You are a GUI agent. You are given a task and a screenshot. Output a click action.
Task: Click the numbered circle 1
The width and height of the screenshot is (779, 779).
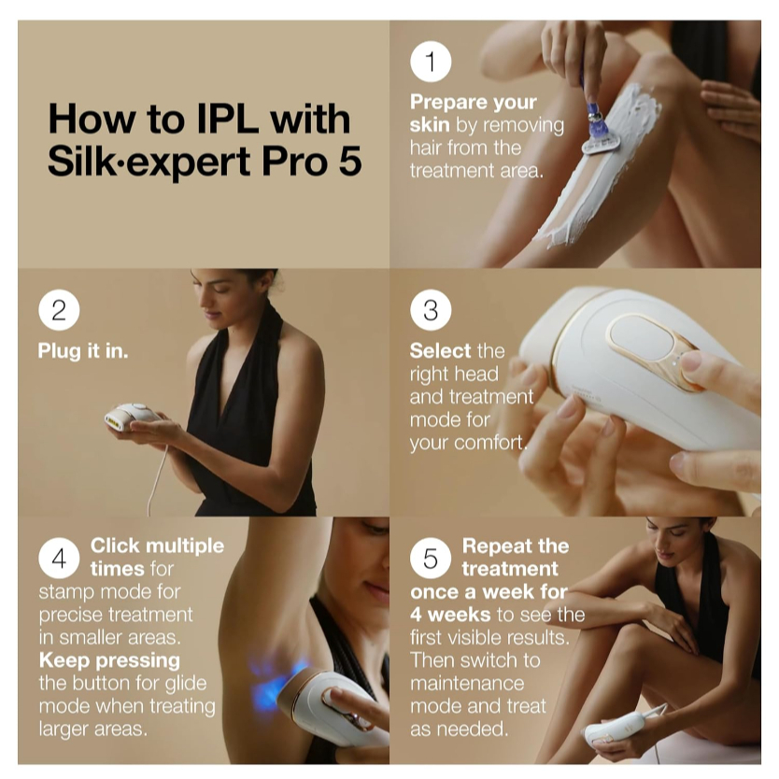(x=431, y=62)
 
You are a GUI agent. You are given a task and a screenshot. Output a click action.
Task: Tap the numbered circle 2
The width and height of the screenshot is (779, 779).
(x=59, y=310)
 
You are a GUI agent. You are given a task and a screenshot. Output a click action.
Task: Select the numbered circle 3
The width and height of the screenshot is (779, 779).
(x=431, y=310)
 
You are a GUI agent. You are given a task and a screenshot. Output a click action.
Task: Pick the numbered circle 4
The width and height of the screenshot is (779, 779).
(x=59, y=558)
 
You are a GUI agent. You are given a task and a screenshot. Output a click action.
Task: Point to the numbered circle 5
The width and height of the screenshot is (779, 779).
(x=431, y=558)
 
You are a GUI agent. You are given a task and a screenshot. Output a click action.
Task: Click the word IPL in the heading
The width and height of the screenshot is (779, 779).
(x=229, y=119)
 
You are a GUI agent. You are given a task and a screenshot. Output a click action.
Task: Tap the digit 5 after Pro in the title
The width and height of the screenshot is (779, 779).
(x=350, y=162)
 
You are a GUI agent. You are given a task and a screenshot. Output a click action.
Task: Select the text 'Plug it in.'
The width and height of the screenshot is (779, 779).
(x=83, y=351)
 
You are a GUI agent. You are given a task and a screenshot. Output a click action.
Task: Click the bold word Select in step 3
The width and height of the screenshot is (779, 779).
(x=440, y=351)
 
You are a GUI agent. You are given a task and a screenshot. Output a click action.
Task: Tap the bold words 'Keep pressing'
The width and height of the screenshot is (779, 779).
(x=109, y=660)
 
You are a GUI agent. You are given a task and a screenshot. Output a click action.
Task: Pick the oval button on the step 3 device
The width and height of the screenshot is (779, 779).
(x=642, y=337)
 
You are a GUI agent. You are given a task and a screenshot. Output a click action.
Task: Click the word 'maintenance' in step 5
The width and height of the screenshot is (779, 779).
(x=467, y=683)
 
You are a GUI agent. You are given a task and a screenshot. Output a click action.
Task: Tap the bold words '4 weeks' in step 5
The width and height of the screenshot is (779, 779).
(x=450, y=615)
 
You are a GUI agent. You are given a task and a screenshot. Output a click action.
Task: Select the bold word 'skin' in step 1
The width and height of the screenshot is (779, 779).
(x=430, y=125)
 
